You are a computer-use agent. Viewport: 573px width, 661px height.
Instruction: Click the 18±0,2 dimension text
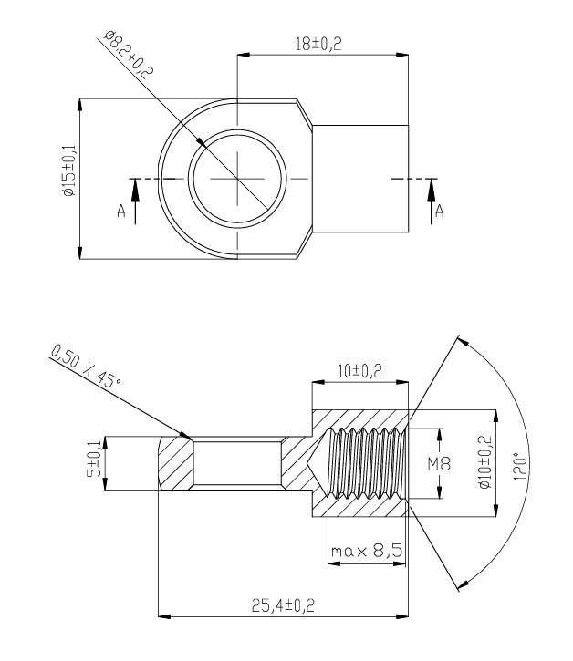(x=318, y=44)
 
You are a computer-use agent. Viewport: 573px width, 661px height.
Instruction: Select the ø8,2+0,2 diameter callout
(x=128, y=55)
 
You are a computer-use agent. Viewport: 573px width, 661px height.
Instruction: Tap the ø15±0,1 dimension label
(x=68, y=170)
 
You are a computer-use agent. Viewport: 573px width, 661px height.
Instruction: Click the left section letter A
(x=121, y=211)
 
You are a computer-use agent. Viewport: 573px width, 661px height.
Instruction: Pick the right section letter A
(x=440, y=211)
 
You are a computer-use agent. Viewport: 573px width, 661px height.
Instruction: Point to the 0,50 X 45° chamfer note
(x=86, y=366)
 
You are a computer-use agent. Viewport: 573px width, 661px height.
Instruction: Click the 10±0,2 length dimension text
(x=359, y=371)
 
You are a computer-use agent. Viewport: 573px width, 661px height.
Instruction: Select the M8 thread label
(x=439, y=464)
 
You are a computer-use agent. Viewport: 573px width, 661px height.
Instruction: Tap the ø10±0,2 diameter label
(x=485, y=461)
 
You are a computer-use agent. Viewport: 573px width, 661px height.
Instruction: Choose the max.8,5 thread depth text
(x=367, y=551)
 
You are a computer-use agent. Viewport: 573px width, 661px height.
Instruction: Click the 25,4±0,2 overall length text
(x=283, y=605)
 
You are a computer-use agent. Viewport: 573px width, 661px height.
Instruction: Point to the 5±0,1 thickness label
(x=94, y=460)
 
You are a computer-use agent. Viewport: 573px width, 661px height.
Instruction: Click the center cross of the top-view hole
(x=237, y=179)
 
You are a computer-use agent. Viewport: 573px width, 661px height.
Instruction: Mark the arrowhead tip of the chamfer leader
(x=191, y=439)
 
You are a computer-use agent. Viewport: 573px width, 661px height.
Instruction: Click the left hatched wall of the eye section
(x=176, y=463)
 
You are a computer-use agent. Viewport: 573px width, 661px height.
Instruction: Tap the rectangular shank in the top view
(x=360, y=179)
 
